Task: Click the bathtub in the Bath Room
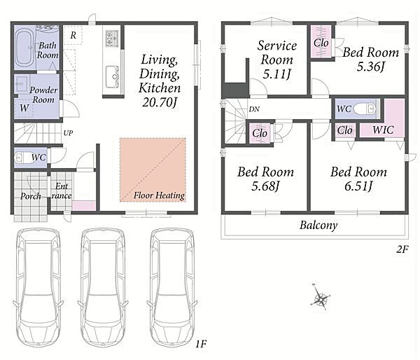tap(25, 48)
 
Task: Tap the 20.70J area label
tap(160, 102)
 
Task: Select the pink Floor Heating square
tap(153, 169)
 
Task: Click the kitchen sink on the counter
tap(112, 77)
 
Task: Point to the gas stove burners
tap(112, 39)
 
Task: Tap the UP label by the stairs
tap(68, 133)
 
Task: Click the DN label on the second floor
tap(254, 109)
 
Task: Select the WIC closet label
tap(383, 130)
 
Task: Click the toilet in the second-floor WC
tap(364, 109)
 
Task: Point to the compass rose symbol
tap(321, 298)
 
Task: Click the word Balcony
tap(318, 225)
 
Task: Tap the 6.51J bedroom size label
tap(358, 186)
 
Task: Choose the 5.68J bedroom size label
tap(265, 186)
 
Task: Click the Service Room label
tap(277, 53)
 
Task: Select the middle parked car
tap(103, 288)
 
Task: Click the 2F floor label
tap(402, 249)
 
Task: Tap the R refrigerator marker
tap(73, 35)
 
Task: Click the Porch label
tap(31, 196)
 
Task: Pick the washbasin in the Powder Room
tap(22, 83)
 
